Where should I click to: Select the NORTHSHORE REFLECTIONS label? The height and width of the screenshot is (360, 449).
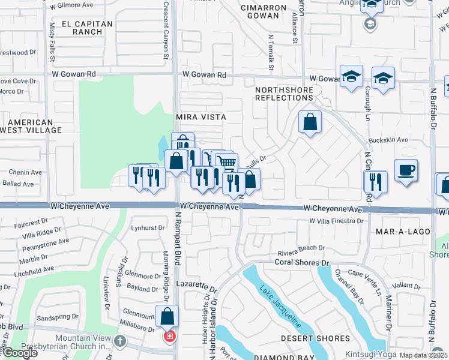tap(284, 94)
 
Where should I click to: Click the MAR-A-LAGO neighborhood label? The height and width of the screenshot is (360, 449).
tap(401, 230)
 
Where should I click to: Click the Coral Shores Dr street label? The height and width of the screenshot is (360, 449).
tap(303, 262)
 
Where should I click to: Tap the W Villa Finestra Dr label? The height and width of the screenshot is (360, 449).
tap(337, 221)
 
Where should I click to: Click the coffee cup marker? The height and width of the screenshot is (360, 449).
tap(406, 170)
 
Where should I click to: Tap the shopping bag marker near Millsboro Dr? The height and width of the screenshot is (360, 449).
tap(167, 316)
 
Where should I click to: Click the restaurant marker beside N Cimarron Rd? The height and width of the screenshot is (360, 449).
tap(376, 181)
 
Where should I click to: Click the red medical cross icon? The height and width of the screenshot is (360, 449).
tap(170, 336)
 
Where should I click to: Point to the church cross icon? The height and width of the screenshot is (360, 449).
tap(120, 341)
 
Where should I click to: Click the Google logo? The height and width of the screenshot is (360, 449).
tap(20, 353)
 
